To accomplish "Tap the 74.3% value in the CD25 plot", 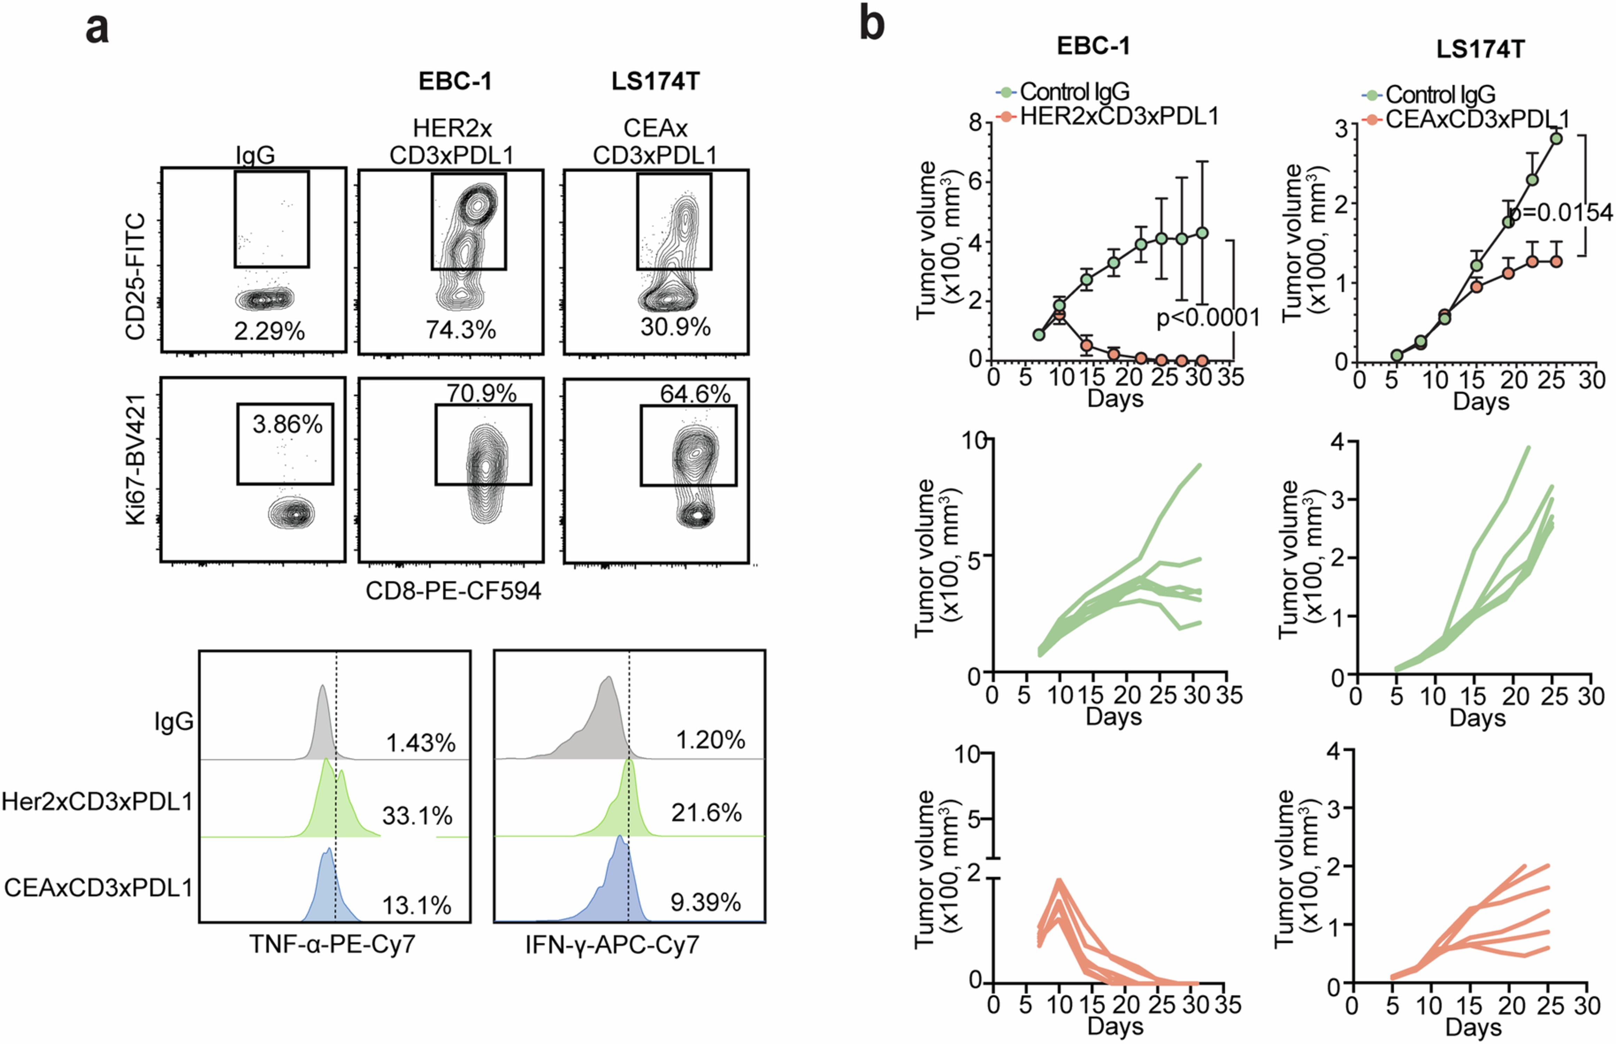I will click(x=461, y=330).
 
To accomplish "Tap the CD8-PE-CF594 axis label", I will click(x=453, y=591).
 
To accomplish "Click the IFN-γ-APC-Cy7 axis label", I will click(x=612, y=944).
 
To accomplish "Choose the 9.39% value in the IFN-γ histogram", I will click(x=705, y=902).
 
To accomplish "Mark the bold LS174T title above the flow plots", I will click(x=655, y=82).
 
